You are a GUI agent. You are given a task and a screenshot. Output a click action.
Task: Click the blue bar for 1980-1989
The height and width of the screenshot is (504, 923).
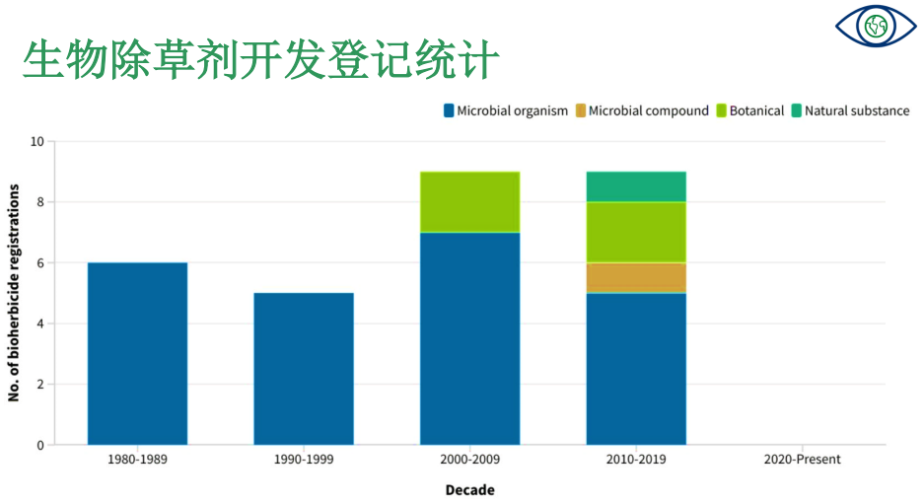pos(137,353)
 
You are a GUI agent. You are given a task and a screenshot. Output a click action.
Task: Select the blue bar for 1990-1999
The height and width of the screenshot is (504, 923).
pos(304,369)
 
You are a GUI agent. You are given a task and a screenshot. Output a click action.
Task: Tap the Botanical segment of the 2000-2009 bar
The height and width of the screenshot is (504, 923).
pos(469,202)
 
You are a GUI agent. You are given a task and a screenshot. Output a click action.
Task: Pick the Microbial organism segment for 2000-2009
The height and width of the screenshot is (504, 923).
pos(469,338)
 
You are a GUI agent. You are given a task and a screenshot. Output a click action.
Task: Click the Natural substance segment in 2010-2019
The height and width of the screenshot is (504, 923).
pos(636,186)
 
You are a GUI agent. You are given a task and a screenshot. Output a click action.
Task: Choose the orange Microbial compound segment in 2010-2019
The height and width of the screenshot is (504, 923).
pos(636,278)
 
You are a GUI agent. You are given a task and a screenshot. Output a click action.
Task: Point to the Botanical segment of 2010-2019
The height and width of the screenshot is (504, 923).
pos(636,233)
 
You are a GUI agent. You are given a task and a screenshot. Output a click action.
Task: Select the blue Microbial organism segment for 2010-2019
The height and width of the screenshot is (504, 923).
pos(636,369)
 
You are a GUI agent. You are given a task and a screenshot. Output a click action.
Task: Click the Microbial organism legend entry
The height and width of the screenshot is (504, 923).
pos(506,110)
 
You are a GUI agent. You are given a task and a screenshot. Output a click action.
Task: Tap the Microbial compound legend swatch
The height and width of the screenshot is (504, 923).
pos(581,110)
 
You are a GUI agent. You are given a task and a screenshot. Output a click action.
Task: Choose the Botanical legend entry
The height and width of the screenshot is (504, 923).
pos(749,110)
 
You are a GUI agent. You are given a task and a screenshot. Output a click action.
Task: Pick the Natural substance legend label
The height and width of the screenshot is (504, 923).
pos(857,110)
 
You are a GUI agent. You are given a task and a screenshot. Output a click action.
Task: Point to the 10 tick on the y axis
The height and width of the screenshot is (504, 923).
pos(37,141)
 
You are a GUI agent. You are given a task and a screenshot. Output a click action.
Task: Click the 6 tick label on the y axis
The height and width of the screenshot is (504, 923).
pos(40,263)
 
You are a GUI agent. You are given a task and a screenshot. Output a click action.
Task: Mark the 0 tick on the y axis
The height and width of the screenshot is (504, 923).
pos(40,445)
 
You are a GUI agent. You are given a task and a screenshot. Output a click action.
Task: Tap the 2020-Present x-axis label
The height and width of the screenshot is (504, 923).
pos(803,460)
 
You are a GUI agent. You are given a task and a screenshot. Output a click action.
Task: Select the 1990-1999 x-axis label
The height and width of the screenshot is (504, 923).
pos(304,460)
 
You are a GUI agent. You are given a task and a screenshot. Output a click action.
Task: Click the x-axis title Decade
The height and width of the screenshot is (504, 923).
pos(469,490)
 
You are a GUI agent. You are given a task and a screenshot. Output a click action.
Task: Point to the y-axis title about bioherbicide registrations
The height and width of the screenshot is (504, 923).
pos(14,293)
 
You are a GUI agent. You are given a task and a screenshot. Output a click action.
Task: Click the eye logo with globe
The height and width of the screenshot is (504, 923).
pos(876,26)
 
